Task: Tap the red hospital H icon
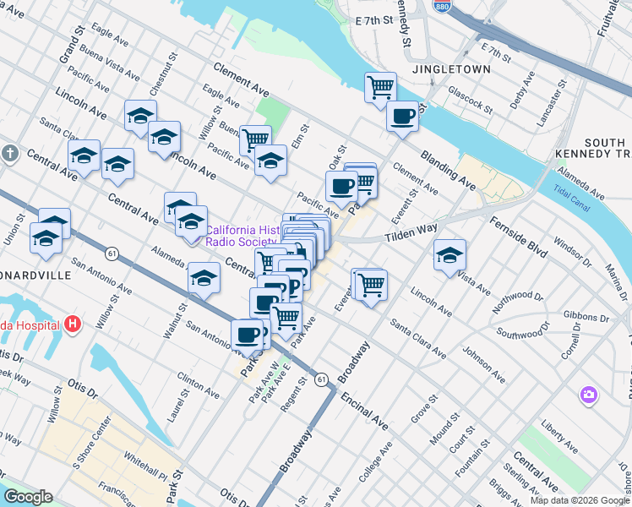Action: (74, 324)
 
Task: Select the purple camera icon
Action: (588, 395)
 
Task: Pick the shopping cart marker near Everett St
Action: (371, 286)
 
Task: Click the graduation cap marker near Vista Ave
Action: (450, 254)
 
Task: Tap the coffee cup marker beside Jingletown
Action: (403, 116)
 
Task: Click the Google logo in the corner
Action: (29, 497)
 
